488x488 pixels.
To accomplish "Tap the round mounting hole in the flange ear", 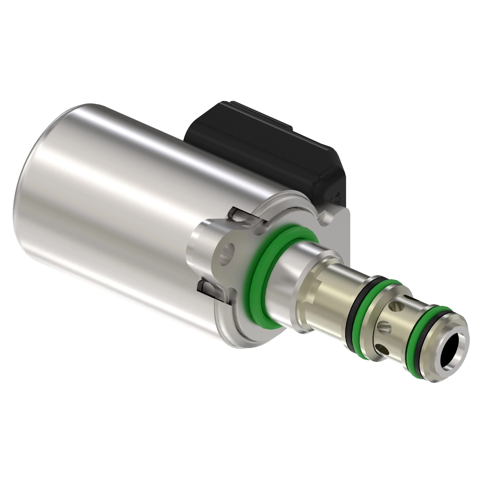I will pos(227,257).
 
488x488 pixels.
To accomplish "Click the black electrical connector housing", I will pos(265,146).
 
